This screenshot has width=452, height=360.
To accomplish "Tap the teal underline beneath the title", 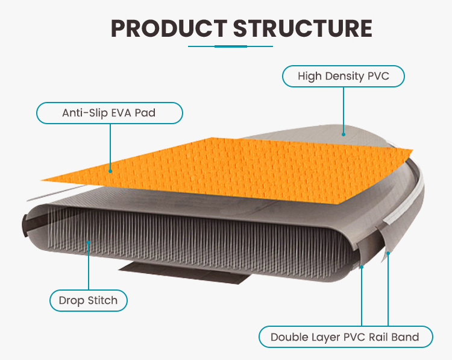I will tap(226, 46).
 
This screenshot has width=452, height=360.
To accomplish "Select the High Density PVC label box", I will tap(343, 77).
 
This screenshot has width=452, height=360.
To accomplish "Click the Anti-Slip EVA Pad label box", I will tap(109, 113).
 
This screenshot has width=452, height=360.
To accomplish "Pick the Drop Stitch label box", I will tap(88, 300).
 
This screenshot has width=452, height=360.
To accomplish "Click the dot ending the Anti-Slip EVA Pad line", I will tap(110, 170).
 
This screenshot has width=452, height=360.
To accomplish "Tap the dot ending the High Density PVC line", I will tap(343, 134).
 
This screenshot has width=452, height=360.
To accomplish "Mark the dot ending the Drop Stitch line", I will tap(89, 243).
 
